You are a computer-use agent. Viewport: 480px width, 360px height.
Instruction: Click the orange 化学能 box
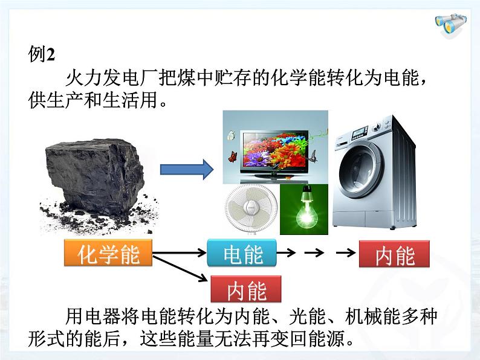[108, 255]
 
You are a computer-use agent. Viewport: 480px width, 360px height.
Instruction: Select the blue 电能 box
[242, 254]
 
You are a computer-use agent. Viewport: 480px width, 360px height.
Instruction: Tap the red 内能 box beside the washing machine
[394, 256]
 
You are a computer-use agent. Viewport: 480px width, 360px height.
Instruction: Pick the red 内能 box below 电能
[247, 291]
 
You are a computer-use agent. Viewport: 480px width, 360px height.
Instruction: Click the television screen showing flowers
[275, 148]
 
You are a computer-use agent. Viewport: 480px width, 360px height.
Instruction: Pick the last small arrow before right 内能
[345, 254]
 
